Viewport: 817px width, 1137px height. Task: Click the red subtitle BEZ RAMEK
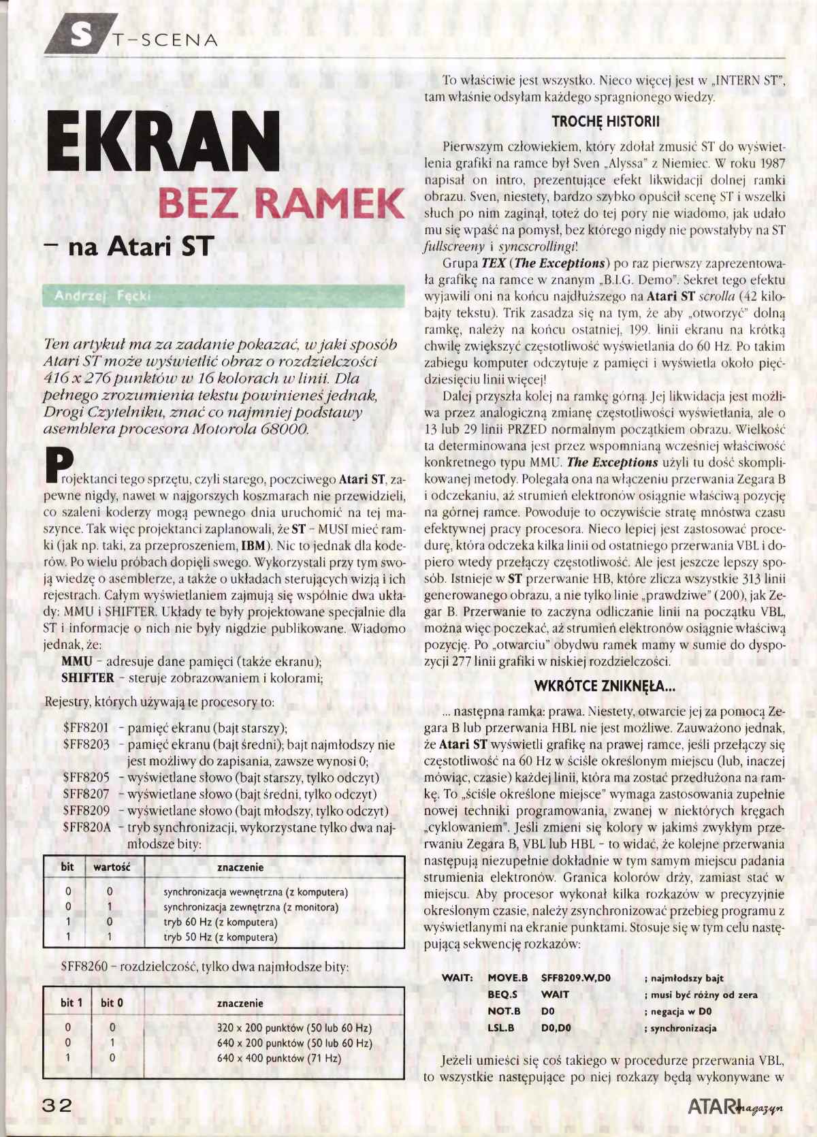[x=281, y=203]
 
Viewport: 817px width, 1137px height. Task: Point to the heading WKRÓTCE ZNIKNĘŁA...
[x=605, y=686]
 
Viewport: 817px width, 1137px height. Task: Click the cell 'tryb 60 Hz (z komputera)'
[x=220, y=923]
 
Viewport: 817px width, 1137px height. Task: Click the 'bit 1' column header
[x=71, y=1003]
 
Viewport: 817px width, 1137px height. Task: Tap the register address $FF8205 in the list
[x=86, y=778]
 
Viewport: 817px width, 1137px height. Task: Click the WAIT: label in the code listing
[x=457, y=978]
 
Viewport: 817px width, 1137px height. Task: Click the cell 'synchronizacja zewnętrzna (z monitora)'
[x=251, y=908]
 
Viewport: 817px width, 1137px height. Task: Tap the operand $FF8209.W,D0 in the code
[x=575, y=978]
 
